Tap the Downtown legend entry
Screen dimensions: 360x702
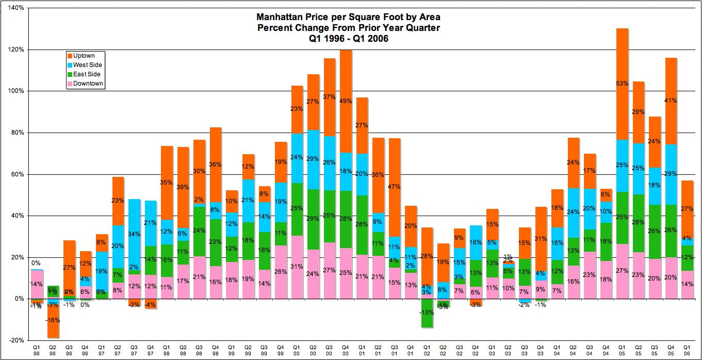click(88, 84)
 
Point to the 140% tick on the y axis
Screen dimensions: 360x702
click(15, 8)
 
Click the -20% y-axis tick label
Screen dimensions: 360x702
click(15, 340)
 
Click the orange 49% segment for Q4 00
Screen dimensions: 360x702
click(347, 101)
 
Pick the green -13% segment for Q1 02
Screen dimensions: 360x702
click(427, 313)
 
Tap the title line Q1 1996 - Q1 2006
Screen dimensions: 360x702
click(348, 38)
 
